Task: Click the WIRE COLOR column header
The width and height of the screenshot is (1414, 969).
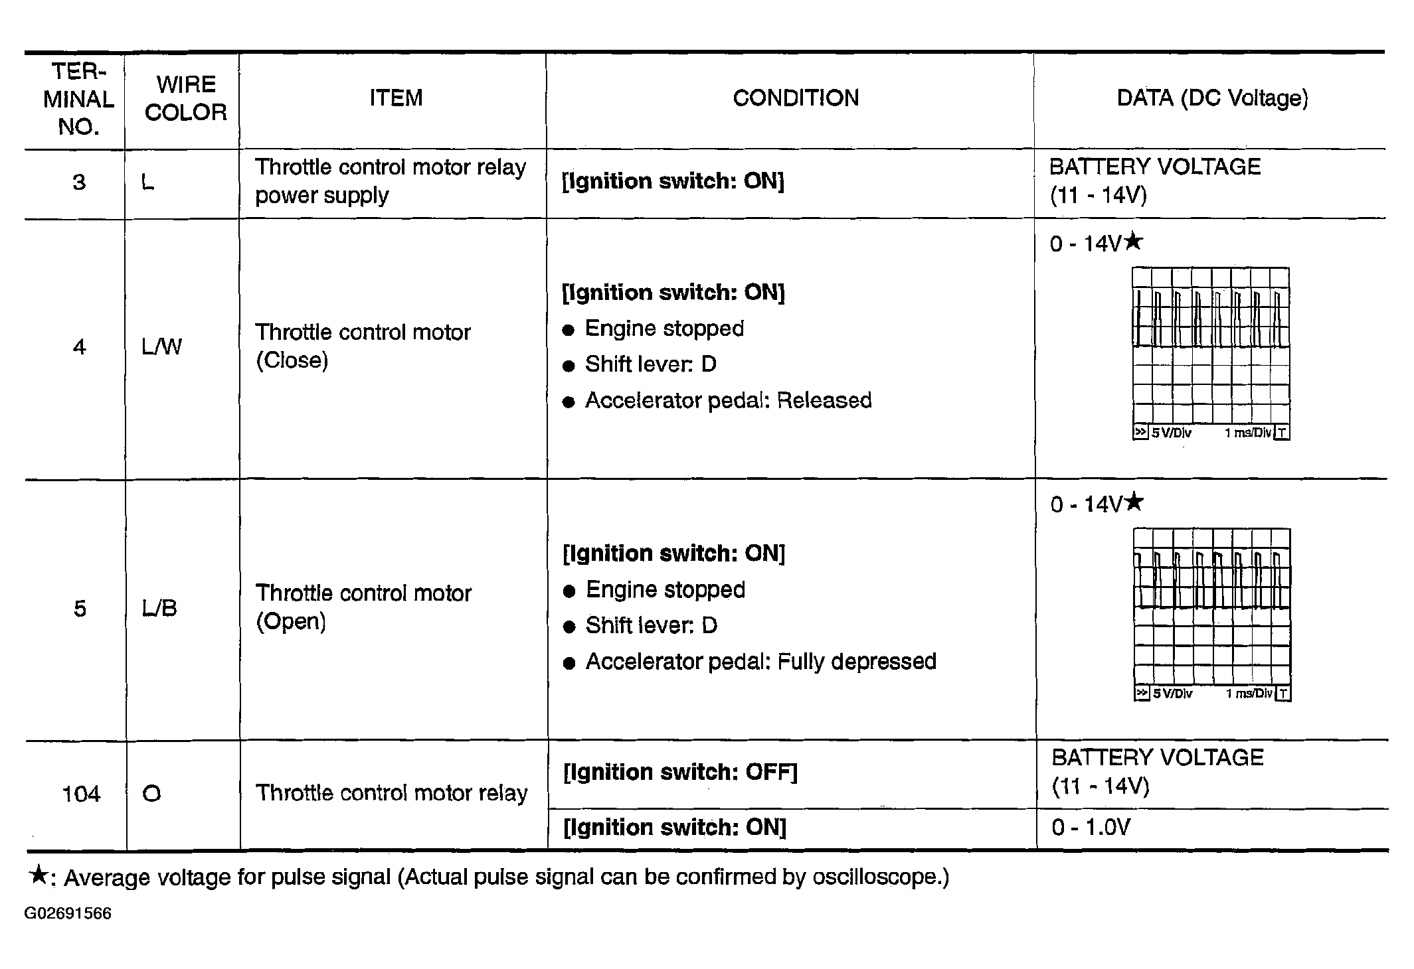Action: click(x=185, y=98)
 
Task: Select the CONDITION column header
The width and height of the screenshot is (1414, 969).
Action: click(x=796, y=98)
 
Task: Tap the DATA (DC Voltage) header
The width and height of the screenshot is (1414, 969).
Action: click(x=1212, y=98)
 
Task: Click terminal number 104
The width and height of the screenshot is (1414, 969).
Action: click(x=81, y=794)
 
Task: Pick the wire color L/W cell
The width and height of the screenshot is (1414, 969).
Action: click(x=161, y=346)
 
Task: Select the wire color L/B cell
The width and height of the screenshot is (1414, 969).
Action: click(x=159, y=608)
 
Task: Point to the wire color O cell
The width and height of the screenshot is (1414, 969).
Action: click(x=151, y=794)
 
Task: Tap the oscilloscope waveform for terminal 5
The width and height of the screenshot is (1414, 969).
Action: click(x=1212, y=614)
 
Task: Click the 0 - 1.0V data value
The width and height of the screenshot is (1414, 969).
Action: click(x=1091, y=828)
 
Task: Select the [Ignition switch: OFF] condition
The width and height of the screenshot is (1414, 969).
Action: click(x=679, y=773)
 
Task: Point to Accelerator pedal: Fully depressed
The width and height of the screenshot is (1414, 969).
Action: click(x=760, y=662)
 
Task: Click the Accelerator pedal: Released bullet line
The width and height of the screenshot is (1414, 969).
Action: click(x=728, y=401)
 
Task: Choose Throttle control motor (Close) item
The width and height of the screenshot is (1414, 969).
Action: click(x=363, y=346)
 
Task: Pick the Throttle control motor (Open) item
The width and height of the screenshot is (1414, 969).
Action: click(x=363, y=607)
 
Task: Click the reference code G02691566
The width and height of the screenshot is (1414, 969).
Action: click(x=68, y=914)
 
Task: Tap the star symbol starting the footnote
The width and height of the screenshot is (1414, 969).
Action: click(x=39, y=875)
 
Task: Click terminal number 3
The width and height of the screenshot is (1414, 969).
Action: click(x=79, y=183)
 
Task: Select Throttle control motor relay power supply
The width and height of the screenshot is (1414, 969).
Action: click(x=390, y=181)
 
